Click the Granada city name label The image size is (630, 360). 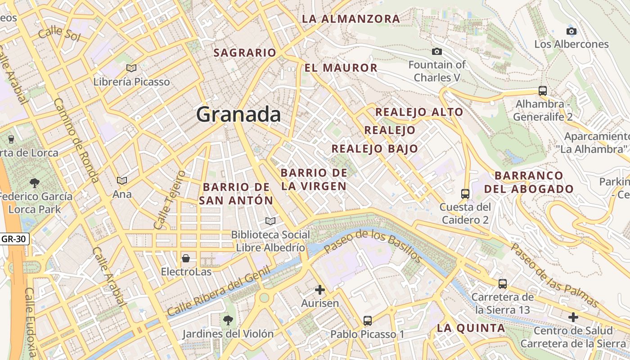238,114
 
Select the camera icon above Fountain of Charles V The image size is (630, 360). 436,52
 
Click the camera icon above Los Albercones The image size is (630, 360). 571,31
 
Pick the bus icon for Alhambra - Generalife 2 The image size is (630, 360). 543,90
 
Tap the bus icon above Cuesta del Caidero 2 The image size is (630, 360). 465,194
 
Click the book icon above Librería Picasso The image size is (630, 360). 131,68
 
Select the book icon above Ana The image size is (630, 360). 122,180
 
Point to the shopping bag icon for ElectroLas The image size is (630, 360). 186,258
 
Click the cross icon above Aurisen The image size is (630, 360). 320,290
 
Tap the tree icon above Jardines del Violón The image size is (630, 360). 228,320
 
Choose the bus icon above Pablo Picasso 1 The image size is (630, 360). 368,321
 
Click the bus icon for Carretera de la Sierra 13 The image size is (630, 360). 503,284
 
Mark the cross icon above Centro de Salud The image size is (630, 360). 573,317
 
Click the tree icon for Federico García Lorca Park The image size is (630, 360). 34,183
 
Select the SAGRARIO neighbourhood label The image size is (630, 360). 245,53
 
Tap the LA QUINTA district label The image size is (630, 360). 471,328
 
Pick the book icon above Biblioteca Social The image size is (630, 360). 270,221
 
